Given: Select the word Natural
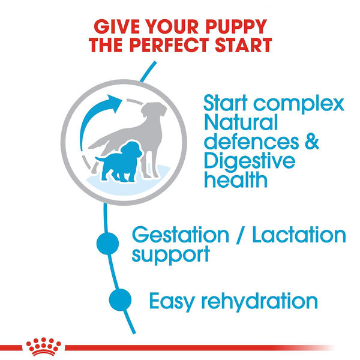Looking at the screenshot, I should point(241,124).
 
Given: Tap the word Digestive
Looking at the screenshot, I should point(250,162).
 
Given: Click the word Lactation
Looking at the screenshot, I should point(298,235).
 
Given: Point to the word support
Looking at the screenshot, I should point(171,254).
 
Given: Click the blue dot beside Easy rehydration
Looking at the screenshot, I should point(119,299).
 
